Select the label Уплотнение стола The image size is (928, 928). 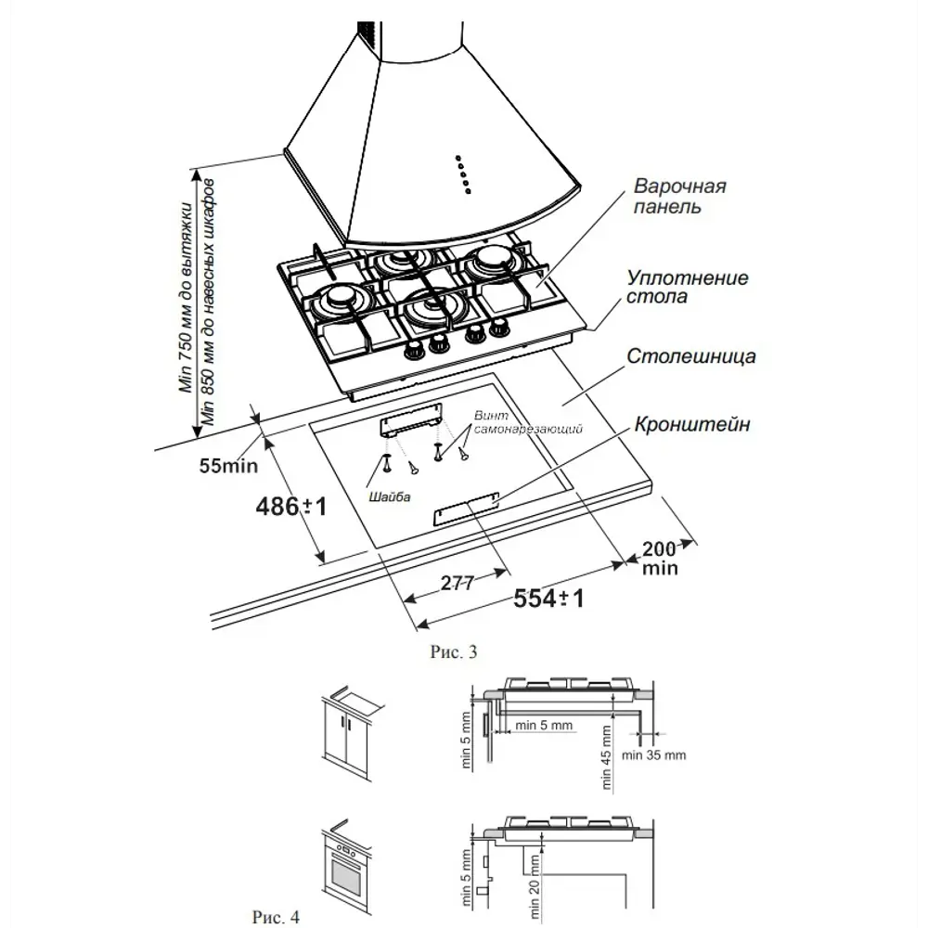click(688, 288)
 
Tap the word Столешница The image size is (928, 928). click(691, 356)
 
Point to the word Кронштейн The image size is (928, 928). click(692, 425)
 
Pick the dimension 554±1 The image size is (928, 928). click(548, 599)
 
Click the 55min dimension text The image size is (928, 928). click(228, 465)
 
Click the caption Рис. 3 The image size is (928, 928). click(455, 652)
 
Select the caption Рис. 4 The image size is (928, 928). click(275, 917)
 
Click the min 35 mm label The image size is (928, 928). click(654, 755)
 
